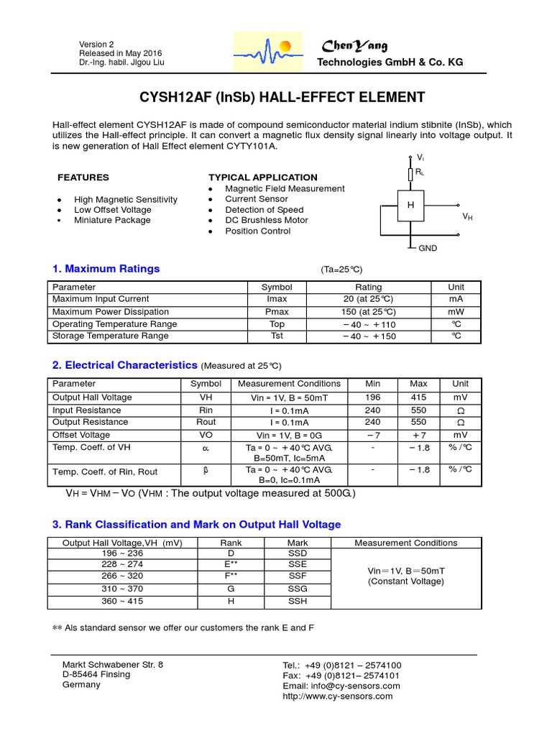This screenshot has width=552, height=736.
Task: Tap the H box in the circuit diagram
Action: [411, 206]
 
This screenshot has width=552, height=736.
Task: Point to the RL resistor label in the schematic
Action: [419, 172]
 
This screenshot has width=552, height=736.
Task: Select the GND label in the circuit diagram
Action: [428, 248]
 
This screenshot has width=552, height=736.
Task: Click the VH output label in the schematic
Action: [467, 216]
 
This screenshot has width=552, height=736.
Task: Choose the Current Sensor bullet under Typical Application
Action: [256, 199]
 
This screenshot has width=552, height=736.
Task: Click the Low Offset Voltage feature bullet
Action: [112, 210]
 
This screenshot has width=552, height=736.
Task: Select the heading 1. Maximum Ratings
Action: [106, 269]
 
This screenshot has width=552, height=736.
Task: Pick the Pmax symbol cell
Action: [277, 312]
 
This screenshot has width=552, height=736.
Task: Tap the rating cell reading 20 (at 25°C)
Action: [369, 299]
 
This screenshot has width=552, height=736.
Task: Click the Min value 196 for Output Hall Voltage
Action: [372, 397]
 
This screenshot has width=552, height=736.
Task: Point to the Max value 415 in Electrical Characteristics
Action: [418, 397]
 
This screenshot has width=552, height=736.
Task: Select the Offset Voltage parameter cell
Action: [81, 435]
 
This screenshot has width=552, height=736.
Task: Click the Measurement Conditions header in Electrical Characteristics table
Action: [289, 384]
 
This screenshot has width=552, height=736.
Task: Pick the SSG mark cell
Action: [298, 589]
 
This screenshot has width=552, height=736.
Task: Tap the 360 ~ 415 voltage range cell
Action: [118, 602]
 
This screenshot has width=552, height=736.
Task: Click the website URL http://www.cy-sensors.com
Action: [338, 696]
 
